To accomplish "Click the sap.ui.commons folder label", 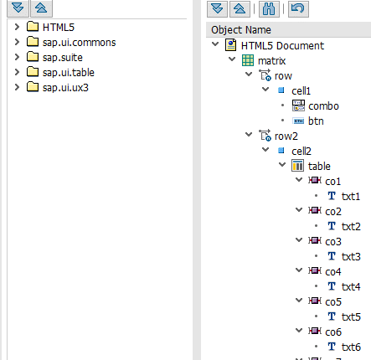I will pos(80,42).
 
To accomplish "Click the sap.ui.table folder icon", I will pos(33,72).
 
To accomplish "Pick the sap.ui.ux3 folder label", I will pos(69,87).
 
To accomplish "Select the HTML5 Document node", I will pos(281,46).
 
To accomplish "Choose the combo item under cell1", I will pos(323,106).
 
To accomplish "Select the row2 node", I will pos(287,136).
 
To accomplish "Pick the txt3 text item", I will pos(351,256).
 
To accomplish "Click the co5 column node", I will pos(333,301).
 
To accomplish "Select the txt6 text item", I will pos(351,347).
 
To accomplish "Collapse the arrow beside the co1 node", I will pos(299,181).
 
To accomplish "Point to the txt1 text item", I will pos(351,196).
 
